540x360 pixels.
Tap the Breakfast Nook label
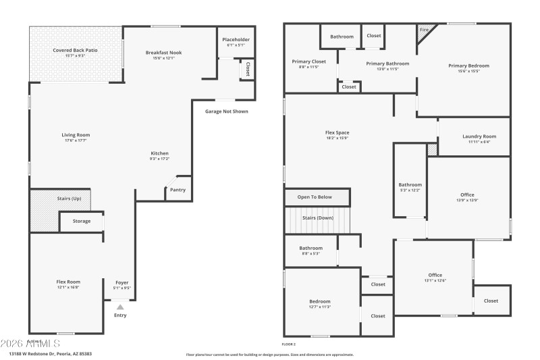tap(163, 53)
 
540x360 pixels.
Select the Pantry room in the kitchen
tap(178, 190)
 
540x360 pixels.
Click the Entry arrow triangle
tap(120, 307)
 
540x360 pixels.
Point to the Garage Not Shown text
tap(226, 111)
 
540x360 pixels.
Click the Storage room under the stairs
tap(82, 221)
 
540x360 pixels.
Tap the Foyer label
tap(122, 282)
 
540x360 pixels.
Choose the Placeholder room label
tap(236, 39)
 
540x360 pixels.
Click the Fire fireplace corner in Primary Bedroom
tap(424, 30)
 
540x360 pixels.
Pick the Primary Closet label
tap(309, 61)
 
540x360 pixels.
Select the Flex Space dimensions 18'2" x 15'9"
tap(337, 138)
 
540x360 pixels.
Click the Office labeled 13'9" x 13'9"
tap(467, 195)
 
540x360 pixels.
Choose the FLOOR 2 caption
tap(289, 344)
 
